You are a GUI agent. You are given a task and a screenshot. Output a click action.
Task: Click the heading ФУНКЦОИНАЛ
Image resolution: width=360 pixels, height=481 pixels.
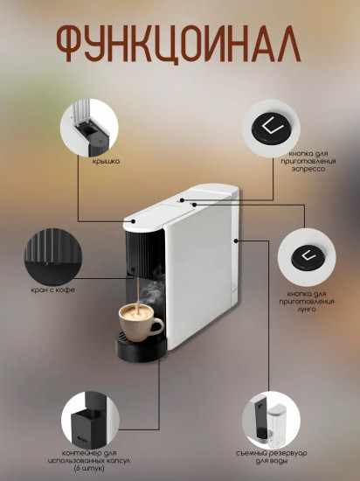pyautogui.click(x=179, y=42)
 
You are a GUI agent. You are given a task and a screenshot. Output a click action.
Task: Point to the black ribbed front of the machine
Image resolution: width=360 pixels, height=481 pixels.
pyautogui.click(x=141, y=259)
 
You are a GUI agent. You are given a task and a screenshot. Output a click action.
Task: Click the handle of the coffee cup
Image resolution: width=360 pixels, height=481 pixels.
pyautogui.click(x=158, y=325)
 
